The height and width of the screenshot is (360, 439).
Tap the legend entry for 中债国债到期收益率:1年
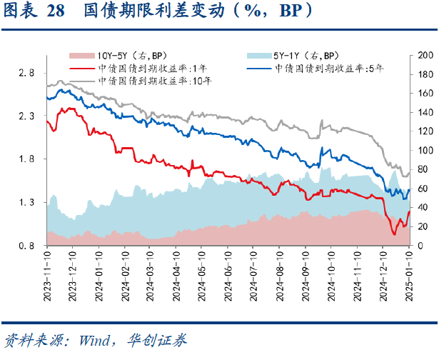(x=143, y=68)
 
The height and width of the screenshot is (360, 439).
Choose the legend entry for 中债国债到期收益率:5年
(x=329, y=68)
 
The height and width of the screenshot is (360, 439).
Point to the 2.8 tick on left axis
(x=26, y=73)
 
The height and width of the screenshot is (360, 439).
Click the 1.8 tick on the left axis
(x=26, y=159)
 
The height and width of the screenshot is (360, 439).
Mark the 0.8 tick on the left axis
(x=26, y=246)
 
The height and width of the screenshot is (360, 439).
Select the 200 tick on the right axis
(x=425, y=55)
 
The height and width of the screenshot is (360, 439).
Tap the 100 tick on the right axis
(x=425, y=151)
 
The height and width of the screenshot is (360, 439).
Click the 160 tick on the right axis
(x=425, y=94)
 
